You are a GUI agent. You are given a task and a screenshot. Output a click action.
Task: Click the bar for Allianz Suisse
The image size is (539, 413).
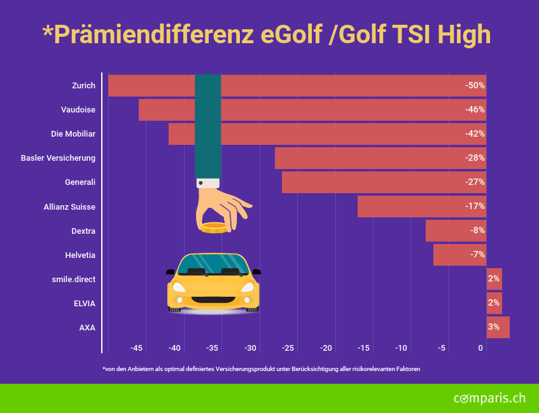click(422, 207)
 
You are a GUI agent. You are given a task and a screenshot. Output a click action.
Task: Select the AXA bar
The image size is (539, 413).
click(498, 327)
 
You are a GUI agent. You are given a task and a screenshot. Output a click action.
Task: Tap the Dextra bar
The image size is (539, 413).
click(456, 231)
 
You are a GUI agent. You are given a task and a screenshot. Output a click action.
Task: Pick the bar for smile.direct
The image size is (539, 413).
click(494, 279)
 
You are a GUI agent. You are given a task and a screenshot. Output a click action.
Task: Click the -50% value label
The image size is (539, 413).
click(475, 85)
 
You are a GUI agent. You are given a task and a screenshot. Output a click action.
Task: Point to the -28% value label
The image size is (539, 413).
click(475, 158)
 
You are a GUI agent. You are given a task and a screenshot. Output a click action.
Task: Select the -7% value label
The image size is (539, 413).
click(477, 254)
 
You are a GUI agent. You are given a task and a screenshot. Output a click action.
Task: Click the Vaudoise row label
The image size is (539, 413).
click(78, 109)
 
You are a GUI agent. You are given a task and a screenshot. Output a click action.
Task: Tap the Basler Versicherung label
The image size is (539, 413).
click(58, 158)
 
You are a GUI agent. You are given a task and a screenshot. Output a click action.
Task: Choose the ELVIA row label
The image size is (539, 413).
click(85, 304)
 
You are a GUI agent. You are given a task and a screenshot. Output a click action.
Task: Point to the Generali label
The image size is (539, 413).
click(80, 182)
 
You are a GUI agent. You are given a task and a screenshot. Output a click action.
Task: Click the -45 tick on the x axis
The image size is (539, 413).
click(136, 348)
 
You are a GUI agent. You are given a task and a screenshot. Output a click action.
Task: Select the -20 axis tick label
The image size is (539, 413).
click(326, 348)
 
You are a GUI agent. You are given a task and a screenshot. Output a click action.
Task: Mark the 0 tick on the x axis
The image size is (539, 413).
click(480, 348)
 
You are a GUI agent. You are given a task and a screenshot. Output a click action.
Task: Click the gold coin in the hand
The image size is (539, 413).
click(214, 228)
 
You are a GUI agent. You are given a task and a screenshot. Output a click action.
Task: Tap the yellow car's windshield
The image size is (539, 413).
click(213, 264)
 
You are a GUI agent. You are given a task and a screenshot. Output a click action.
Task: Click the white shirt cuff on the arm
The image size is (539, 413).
click(208, 183)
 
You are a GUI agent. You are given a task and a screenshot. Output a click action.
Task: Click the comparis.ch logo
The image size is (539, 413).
click(489, 398)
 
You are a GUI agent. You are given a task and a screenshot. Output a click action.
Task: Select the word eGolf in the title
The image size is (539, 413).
click(291, 34)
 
